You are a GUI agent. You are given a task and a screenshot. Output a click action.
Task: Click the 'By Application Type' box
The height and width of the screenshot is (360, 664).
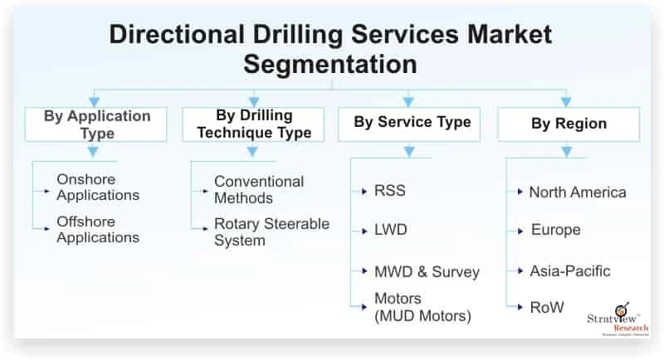tap(97, 124)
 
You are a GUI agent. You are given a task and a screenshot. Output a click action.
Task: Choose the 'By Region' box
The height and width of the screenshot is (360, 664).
tap(569, 124)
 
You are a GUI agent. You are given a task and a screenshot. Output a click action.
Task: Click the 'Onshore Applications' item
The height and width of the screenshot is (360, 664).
tap(97, 187)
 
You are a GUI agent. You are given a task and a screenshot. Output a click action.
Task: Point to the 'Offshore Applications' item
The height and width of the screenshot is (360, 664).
tap(97, 229)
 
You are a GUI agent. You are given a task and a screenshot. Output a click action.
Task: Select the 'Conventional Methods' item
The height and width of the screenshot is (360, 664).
tap(259, 189)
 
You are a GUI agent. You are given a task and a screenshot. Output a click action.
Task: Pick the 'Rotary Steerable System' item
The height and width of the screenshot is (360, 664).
tap(271, 232)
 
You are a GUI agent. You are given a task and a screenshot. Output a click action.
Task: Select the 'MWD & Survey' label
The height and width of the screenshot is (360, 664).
tap(427, 271)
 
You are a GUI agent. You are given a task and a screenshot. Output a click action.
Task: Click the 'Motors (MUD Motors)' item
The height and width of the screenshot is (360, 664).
tap(422, 306)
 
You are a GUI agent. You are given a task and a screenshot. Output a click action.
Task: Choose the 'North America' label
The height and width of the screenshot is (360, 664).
tap(578, 192)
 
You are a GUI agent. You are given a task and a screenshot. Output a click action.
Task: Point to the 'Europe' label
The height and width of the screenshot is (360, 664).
tap(555, 230)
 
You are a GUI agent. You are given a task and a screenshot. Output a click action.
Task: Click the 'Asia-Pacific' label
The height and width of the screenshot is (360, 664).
tap(570, 270)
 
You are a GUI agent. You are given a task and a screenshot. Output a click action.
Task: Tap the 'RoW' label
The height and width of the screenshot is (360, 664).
tap(547, 307)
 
